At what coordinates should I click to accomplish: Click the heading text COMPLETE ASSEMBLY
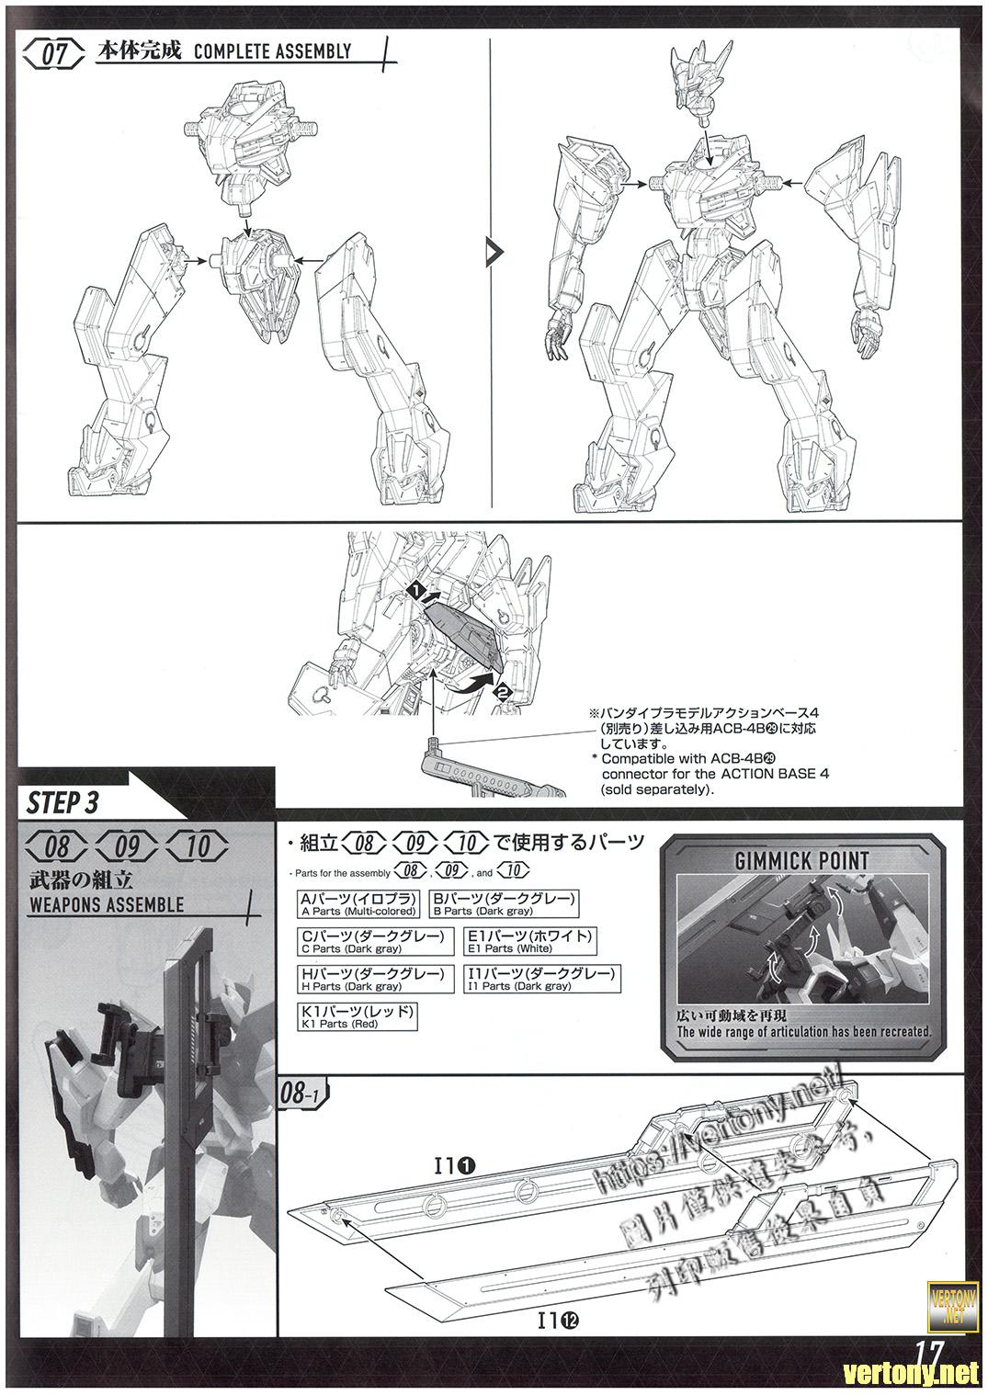(272, 51)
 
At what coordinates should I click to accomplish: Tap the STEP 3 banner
(64, 801)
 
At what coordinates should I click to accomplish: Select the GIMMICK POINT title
(801, 860)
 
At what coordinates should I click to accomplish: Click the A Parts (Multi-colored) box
(358, 904)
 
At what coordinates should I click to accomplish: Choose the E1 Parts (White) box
(530, 941)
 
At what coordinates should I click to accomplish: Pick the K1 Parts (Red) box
(358, 1015)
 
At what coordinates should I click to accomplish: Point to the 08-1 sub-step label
(300, 1094)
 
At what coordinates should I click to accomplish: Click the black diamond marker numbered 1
(416, 585)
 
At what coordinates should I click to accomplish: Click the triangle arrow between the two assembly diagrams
(494, 250)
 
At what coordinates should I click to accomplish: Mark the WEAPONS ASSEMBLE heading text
(107, 904)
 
